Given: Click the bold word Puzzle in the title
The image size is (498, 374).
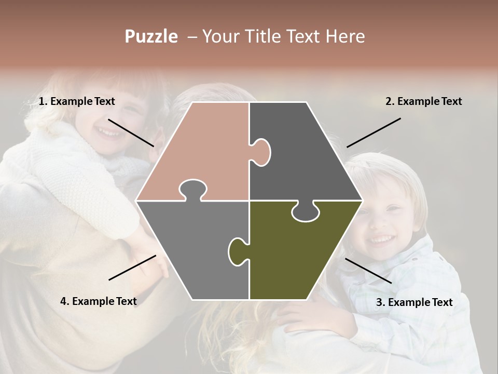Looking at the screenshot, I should pos(151,36).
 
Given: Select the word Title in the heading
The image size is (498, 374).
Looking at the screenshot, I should pos(276,36).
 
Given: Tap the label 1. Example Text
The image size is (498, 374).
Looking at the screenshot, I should pos(77,102).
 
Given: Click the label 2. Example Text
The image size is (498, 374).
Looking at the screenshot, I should pos(423,102).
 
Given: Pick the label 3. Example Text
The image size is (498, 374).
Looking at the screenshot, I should pos(414,302).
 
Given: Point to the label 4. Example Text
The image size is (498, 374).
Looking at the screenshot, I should pos(99,301).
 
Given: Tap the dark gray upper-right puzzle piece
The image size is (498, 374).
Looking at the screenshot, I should pos(301,151).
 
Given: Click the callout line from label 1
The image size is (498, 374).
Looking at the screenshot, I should pos(131,132).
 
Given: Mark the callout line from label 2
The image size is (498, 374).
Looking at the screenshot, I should pos(374,132).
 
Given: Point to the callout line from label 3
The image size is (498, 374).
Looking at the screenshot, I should pos(368,271).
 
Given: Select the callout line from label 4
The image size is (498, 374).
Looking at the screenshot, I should pos(132,268).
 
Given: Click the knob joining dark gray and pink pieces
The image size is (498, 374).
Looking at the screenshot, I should pos(261,152).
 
